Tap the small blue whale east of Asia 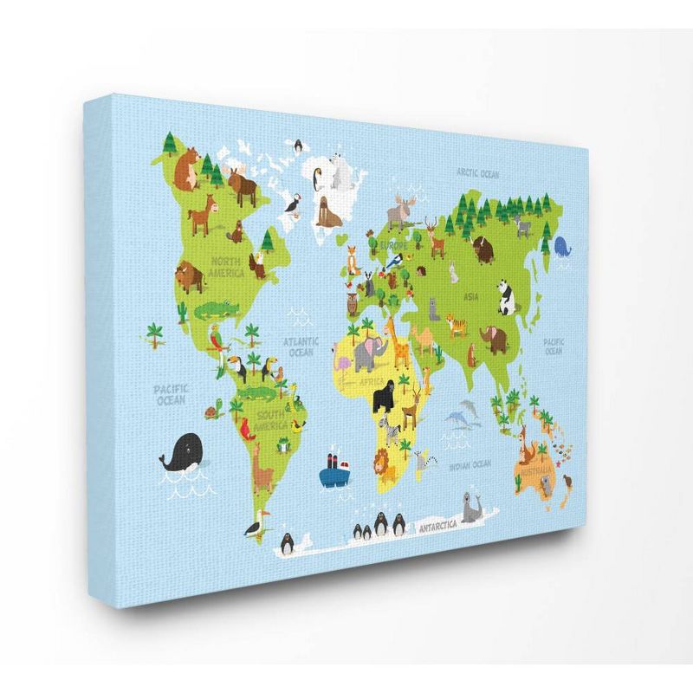(563, 247)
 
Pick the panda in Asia (507, 296)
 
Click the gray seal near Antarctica (473, 509)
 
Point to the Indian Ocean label (470, 465)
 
